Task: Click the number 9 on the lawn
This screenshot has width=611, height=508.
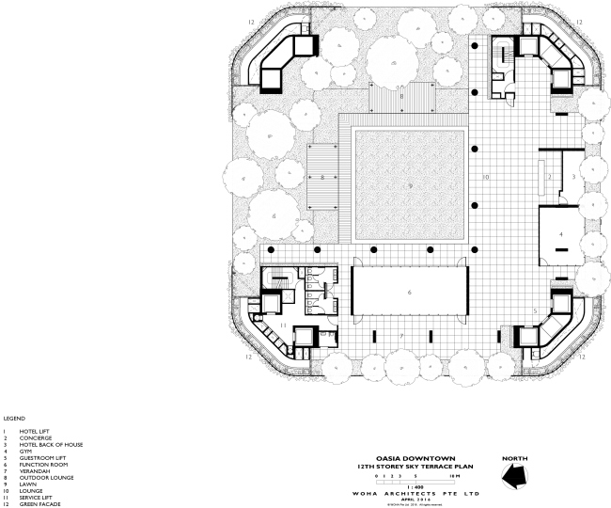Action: click(411, 186)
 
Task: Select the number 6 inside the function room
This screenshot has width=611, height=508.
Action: click(410, 294)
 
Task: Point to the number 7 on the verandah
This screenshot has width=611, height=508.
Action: click(401, 335)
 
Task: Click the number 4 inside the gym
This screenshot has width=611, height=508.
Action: click(561, 232)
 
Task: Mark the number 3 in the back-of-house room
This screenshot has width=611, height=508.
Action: click(573, 176)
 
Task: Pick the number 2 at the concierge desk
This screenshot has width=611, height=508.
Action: click(549, 176)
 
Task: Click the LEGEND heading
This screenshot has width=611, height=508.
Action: click(13, 419)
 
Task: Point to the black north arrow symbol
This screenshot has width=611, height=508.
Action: click(516, 476)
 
